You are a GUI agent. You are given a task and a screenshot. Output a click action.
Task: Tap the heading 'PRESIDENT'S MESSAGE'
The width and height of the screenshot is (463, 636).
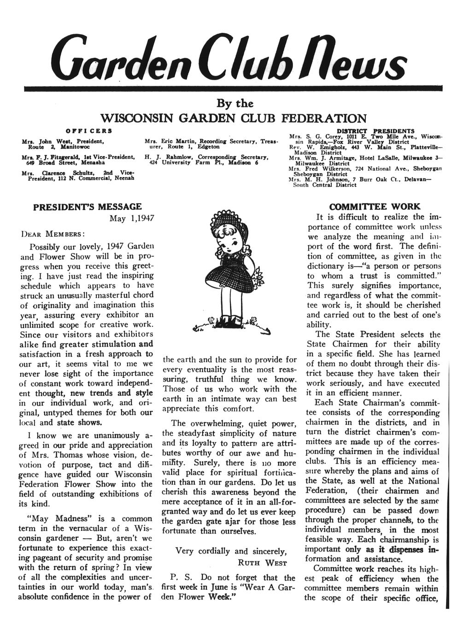(88, 207)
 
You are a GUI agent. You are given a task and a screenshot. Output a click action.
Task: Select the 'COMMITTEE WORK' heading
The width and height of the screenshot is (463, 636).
(375, 206)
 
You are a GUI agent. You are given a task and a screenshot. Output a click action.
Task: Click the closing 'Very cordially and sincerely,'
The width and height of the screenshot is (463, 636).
(231, 551)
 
